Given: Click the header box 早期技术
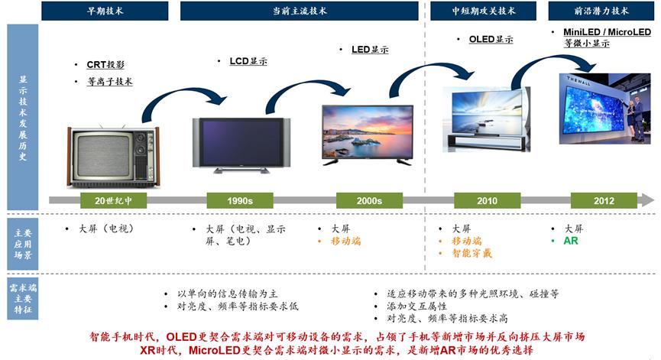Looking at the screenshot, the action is coord(105,11).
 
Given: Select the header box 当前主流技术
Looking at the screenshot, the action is coord(300,11).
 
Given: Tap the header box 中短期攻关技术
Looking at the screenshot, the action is coord(483,11).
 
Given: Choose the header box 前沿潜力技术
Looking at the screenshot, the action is coord(601,11).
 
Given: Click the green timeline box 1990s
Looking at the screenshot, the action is coord(240,201).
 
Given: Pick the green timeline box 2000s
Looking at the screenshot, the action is coord(369,201).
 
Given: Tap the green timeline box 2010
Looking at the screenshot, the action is coord(487,201).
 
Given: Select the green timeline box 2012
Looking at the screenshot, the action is coord(604,201).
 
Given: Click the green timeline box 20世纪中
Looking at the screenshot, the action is coord(113,201).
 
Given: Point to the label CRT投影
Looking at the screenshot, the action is coord(105,64).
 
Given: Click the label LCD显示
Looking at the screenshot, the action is coord(248,61).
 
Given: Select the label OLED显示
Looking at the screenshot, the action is coord(491,39).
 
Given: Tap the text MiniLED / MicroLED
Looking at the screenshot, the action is coord(607,32).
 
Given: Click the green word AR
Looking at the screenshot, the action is coord(571,241).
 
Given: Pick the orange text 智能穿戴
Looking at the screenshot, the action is coord(471,253).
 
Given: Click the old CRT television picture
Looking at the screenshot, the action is coord(113,157).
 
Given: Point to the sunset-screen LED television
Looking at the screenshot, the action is coord(368,135).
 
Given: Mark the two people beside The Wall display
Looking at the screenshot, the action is coord(635,119).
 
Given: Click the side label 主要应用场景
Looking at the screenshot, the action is coord(23,244).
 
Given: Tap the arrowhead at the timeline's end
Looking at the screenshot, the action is coord(648,200).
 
